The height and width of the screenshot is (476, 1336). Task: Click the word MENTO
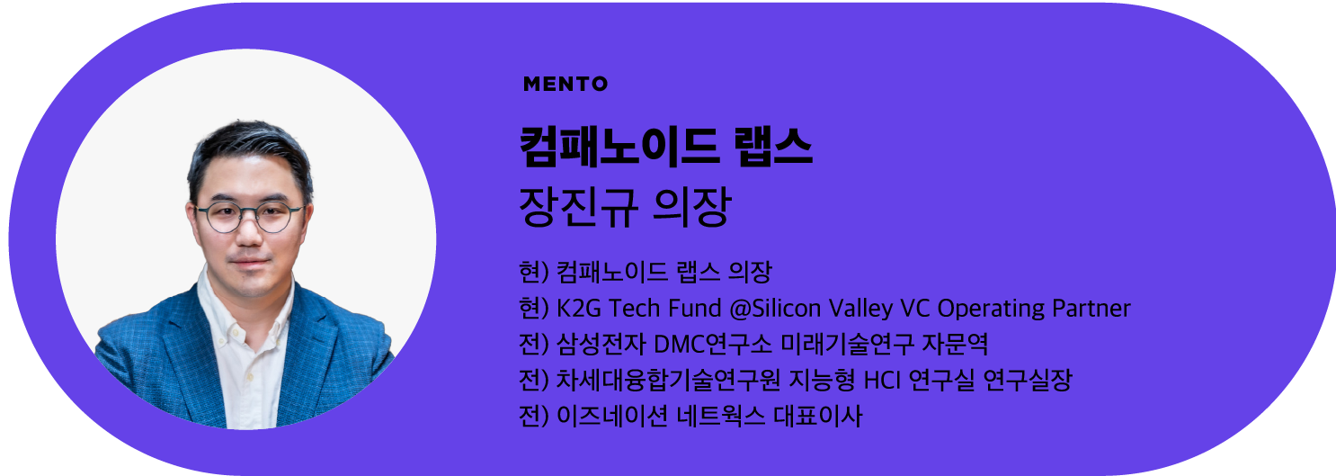point(565,85)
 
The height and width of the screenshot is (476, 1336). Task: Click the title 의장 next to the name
point(693,208)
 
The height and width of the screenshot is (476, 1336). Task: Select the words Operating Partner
point(1033,309)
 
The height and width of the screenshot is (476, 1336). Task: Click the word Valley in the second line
point(859,309)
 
